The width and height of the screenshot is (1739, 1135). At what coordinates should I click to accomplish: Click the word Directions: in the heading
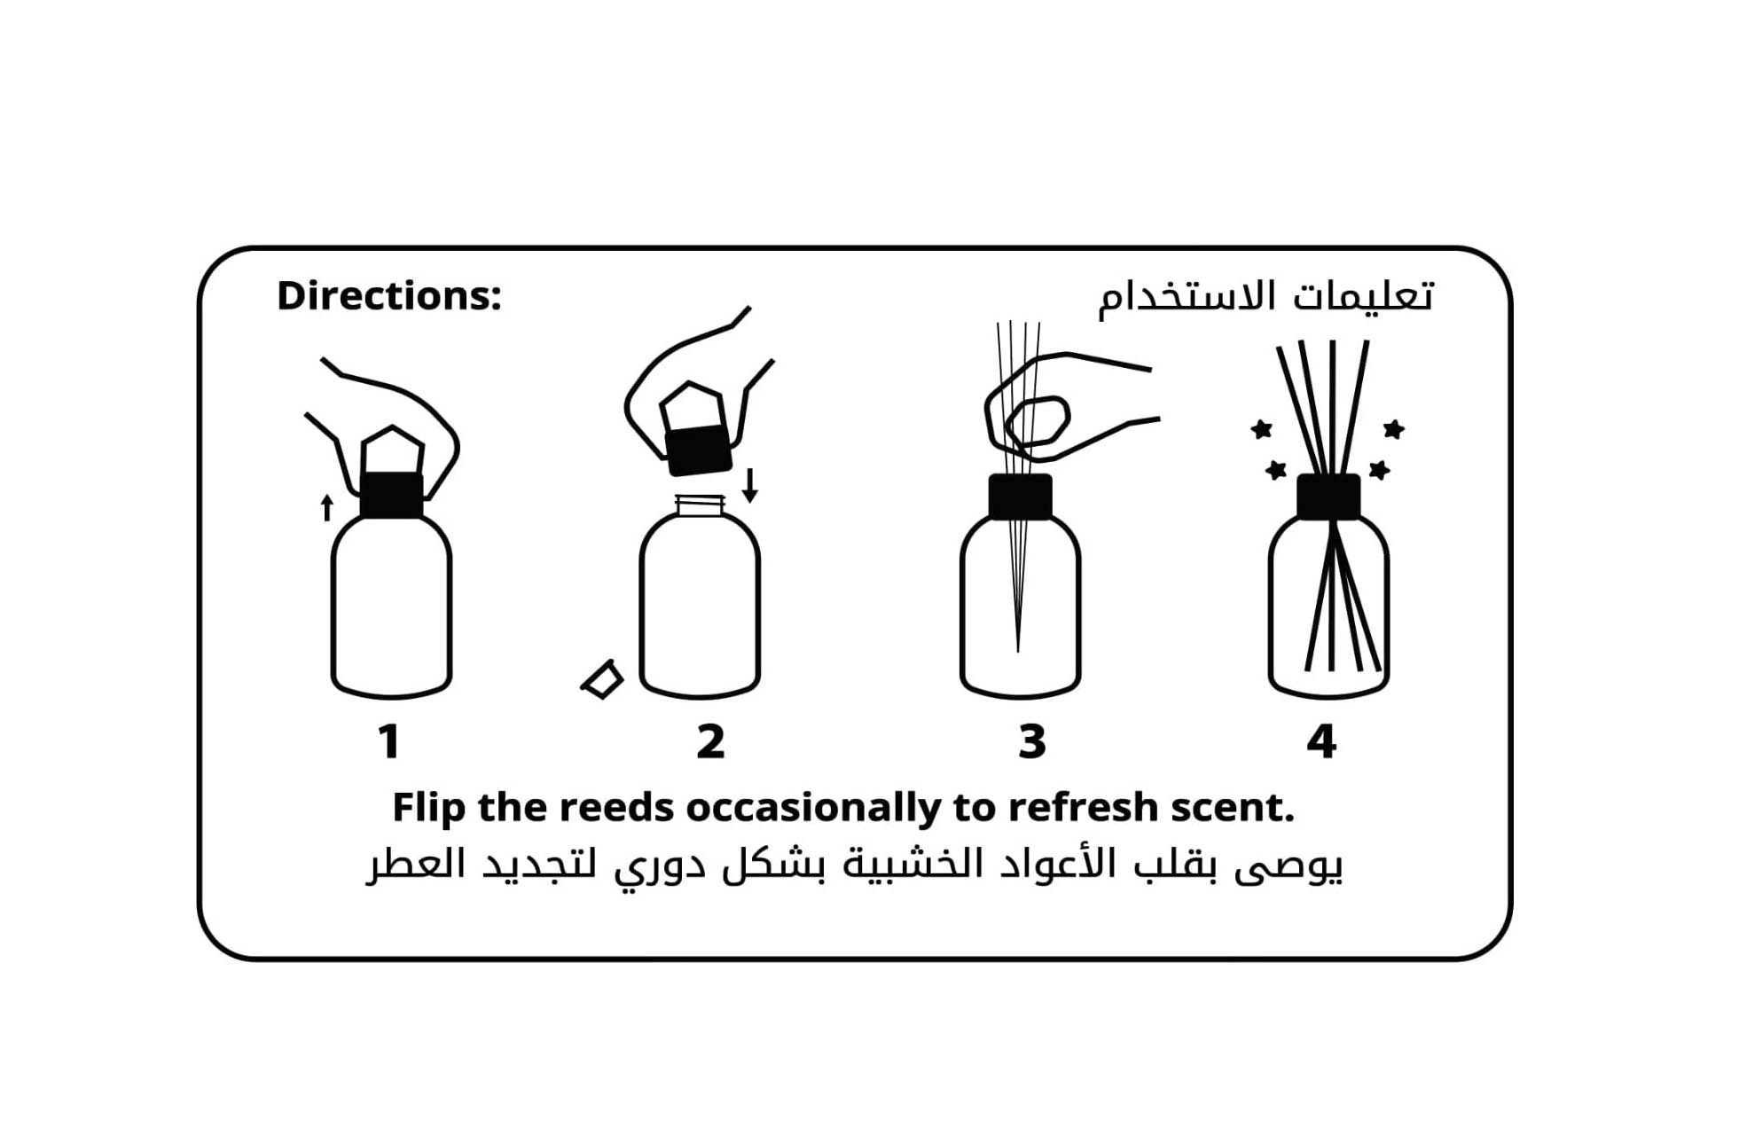click(389, 296)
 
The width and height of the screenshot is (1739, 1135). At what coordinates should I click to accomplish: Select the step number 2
click(710, 741)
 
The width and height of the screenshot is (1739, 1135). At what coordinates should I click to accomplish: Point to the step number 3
click(1032, 741)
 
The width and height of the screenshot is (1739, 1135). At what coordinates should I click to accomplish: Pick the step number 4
click(1321, 741)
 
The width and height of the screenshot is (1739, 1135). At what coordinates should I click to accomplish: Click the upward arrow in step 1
click(327, 507)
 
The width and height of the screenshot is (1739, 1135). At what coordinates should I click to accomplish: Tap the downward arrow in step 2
click(750, 486)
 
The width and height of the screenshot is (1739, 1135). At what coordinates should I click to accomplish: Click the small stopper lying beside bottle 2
click(602, 679)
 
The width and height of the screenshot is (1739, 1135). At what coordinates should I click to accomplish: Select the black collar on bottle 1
click(392, 495)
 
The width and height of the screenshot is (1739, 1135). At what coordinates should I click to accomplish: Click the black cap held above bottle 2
click(699, 450)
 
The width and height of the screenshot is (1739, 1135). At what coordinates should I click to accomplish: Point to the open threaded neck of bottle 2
click(700, 505)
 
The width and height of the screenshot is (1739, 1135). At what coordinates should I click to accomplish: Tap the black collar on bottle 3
click(1021, 497)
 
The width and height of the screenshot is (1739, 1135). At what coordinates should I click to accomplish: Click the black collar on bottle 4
click(1328, 497)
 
